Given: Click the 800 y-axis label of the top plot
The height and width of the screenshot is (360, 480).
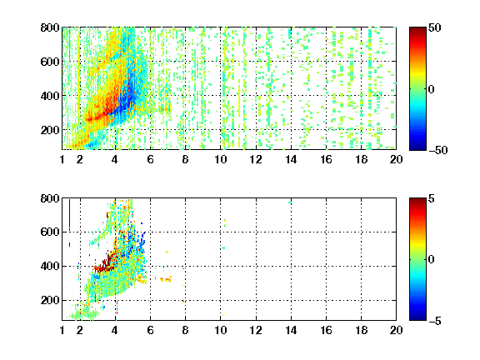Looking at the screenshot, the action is click(50, 27).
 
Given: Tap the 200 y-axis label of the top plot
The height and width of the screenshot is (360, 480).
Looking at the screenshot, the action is click(50, 130).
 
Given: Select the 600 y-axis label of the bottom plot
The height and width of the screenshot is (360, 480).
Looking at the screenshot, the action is click(50, 232).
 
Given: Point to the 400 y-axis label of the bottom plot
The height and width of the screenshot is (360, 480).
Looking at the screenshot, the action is click(50, 266).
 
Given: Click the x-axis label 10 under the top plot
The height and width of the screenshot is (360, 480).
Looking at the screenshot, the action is click(220, 159).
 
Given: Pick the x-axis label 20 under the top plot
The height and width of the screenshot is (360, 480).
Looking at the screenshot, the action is click(396, 159).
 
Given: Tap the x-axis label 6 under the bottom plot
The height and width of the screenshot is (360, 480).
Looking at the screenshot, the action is click(150, 330).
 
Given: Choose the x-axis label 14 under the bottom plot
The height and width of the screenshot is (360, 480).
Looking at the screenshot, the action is click(291, 330).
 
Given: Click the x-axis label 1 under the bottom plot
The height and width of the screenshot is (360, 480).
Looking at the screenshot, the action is click(62, 330).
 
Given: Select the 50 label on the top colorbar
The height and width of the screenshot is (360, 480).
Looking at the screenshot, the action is click(434, 27).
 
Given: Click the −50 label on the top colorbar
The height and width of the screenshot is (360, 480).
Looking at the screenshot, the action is click(437, 150).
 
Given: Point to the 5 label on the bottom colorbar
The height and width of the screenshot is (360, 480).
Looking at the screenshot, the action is click(432, 198).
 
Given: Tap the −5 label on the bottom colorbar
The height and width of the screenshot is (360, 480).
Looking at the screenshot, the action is click(435, 321).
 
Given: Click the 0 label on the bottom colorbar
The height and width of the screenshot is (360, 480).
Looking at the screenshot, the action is click(432, 260).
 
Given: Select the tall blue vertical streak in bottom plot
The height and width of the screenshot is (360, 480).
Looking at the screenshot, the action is click(69, 215).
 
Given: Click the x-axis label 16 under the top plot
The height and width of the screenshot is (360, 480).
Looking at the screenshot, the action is click(326, 159).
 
